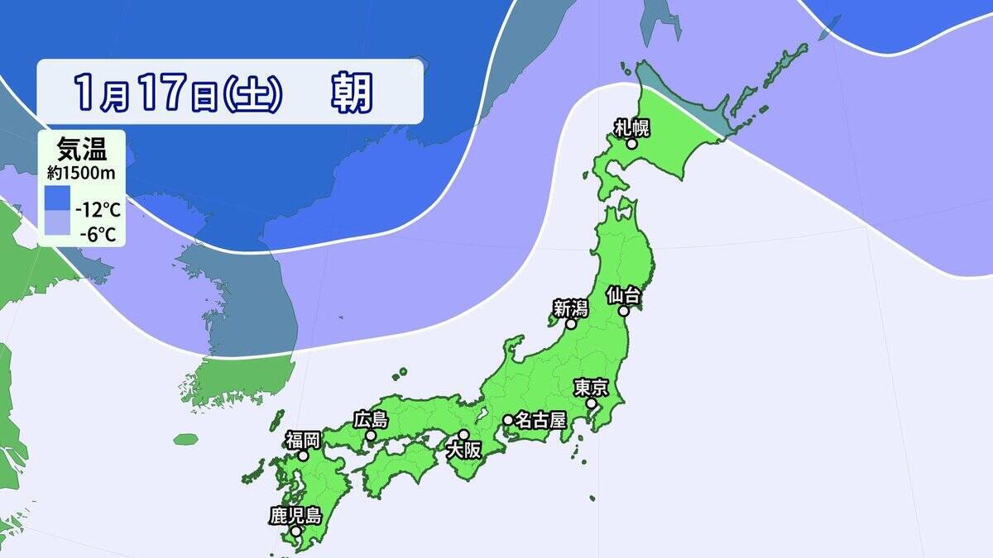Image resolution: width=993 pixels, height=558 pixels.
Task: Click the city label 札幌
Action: tap(632, 127)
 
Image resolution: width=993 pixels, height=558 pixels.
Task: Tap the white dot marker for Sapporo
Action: tap(631, 144)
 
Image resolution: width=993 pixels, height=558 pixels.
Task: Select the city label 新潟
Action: tap(570, 308)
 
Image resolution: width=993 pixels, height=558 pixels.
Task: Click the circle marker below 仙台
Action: tap(624, 312)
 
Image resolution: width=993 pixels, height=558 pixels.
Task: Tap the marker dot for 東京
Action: tap(592, 403)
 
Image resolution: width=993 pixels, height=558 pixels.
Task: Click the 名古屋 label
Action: tap(540, 420)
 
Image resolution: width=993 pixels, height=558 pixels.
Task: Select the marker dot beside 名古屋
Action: tap(507, 420)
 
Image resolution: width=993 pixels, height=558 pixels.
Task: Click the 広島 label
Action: tap(370, 419)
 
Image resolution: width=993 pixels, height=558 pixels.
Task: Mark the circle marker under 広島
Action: tap(371, 436)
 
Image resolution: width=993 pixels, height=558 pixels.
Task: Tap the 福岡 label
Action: tap(304, 439)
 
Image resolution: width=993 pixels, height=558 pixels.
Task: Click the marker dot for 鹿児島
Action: tap(295, 531)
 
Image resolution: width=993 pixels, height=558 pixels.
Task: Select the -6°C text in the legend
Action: tap(98, 234)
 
